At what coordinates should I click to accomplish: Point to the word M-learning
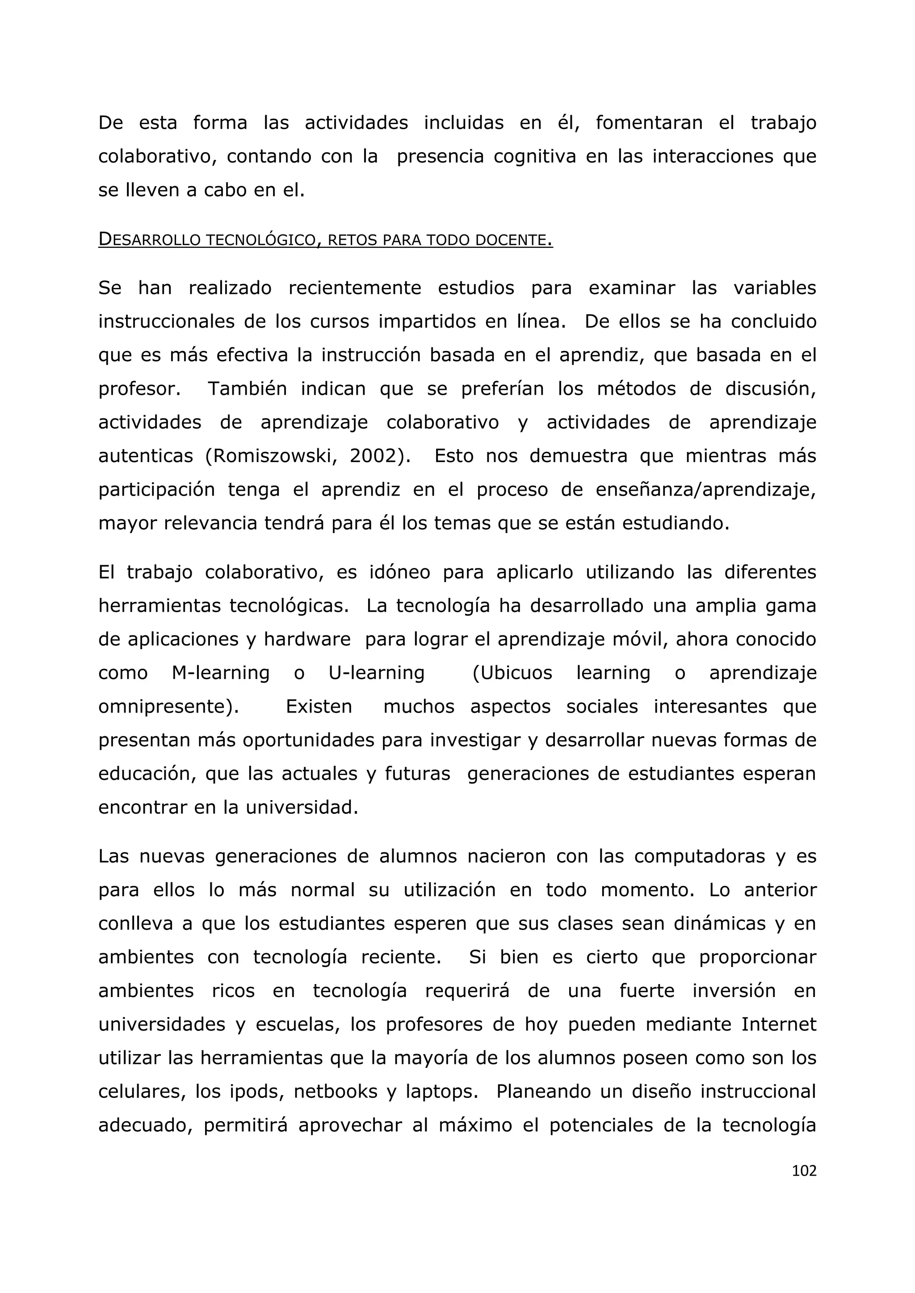point(220,673)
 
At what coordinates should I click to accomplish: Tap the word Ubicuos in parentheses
point(513,673)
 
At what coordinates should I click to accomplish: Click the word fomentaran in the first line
point(649,123)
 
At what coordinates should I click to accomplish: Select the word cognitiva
point(535,157)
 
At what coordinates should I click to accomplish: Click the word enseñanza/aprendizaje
point(705,490)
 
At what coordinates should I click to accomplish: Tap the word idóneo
point(399,572)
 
